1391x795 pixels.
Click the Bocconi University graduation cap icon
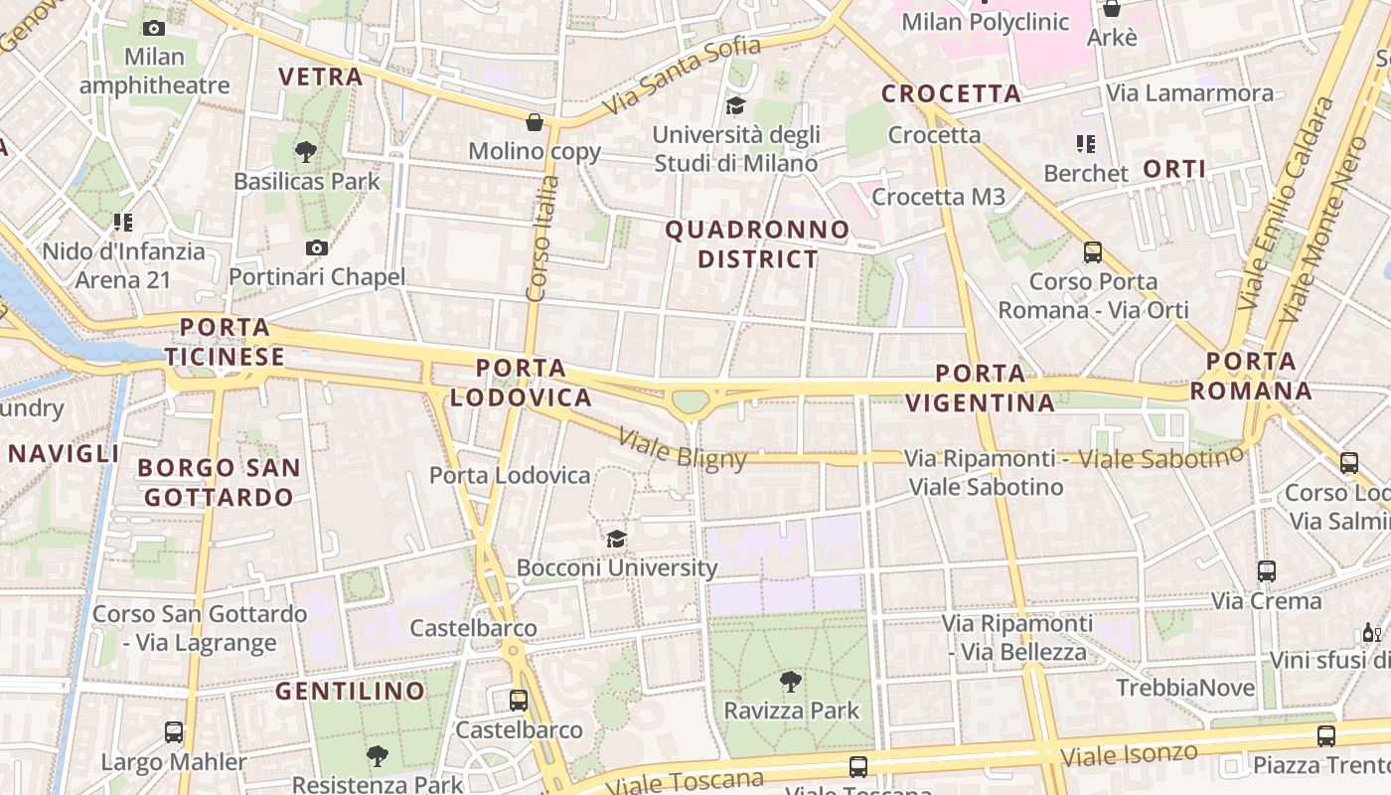(x=616, y=539)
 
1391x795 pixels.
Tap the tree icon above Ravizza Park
(x=791, y=682)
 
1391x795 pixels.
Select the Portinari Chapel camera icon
(x=317, y=247)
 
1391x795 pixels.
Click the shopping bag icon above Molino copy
(x=535, y=122)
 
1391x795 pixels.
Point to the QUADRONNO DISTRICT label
(x=757, y=244)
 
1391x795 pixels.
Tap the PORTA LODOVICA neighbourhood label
(x=521, y=383)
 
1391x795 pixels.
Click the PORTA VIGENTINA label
(x=981, y=388)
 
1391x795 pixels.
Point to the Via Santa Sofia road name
(x=682, y=75)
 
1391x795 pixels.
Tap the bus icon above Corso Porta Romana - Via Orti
(x=1093, y=252)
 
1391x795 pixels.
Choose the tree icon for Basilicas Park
(x=306, y=152)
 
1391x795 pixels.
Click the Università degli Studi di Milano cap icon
(x=735, y=105)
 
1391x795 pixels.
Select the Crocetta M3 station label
(x=938, y=197)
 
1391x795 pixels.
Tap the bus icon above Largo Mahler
(x=174, y=732)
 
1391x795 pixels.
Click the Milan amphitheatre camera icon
(x=154, y=28)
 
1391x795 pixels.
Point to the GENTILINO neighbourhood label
(x=350, y=691)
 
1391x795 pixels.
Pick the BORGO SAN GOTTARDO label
(x=219, y=482)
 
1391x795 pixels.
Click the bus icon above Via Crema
(x=1266, y=571)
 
